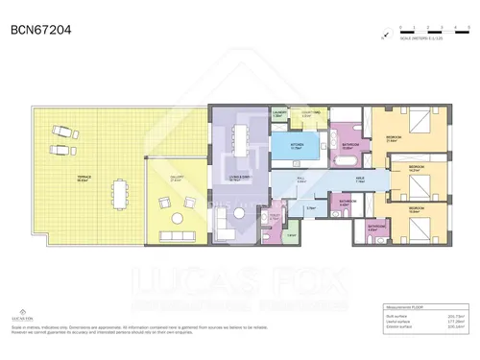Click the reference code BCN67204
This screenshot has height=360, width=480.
click(x=40, y=29)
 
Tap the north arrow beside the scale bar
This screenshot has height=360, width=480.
click(x=384, y=36)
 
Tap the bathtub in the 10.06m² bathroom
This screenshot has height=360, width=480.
click(x=346, y=163)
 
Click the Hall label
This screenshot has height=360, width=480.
click(x=300, y=179)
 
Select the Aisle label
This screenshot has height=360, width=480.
click(x=359, y=179)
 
